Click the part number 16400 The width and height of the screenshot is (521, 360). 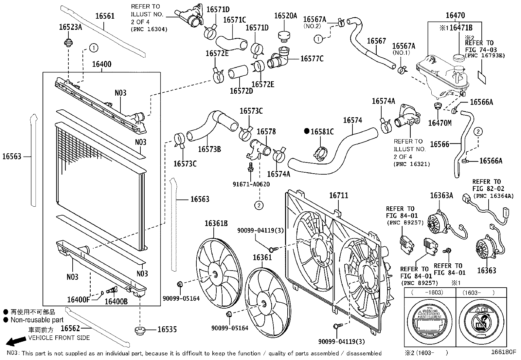101,64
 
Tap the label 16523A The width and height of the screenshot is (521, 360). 70,27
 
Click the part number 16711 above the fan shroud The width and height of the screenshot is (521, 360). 338,196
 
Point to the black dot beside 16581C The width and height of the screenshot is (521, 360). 307,131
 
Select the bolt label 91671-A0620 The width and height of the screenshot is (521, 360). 251,184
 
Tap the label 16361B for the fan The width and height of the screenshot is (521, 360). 216,223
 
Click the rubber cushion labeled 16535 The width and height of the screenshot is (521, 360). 140,330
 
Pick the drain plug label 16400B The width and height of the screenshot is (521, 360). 116,301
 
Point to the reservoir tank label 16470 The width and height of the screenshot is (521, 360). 455,15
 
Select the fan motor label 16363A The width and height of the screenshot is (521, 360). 441,196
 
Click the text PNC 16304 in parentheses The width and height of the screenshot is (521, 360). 149,29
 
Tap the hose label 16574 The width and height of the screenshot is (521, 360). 352,120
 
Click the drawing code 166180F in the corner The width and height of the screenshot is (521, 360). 503,352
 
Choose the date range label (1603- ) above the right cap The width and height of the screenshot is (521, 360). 478,293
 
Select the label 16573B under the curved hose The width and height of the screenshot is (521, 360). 209,149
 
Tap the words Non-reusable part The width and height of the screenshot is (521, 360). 37,320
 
